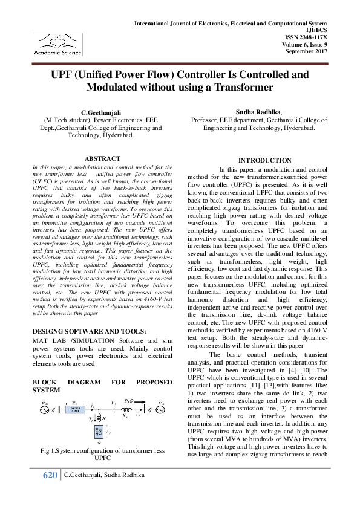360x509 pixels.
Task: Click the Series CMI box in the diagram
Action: [x=74, y=402]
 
